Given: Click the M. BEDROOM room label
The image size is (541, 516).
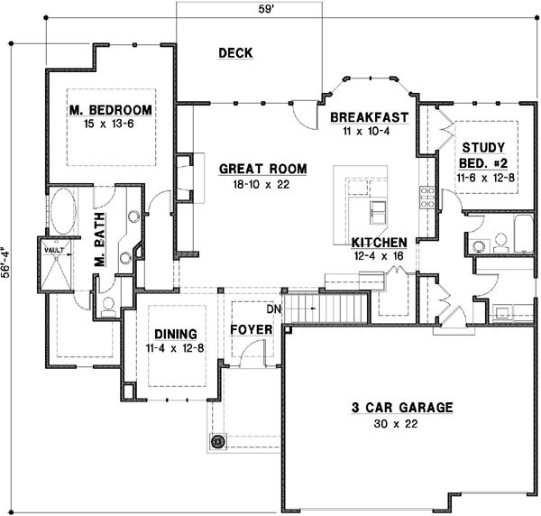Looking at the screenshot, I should [110, 110].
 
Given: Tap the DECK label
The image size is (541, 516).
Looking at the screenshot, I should [235, 53].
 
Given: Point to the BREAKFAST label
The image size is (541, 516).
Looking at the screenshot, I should [370, 117].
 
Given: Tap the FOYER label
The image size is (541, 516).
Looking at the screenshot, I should [252, 330].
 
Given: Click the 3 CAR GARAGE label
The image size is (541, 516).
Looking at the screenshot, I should [401, 408].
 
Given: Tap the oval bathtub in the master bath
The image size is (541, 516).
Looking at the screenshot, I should [62, 217].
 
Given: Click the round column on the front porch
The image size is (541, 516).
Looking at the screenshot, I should [217, 442].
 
